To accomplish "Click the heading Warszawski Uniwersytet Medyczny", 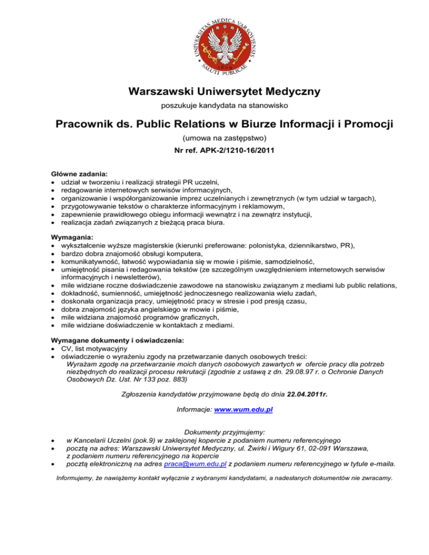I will click(214, 91).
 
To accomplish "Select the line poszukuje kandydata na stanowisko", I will click(214, 105).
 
